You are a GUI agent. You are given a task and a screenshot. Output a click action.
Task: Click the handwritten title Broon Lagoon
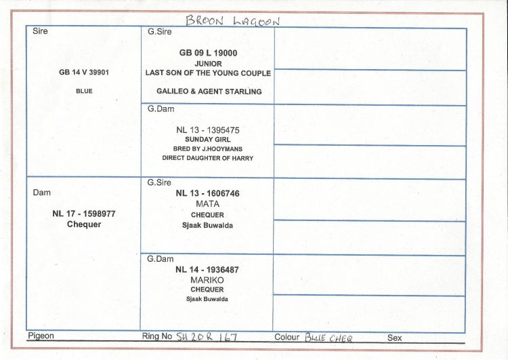coord(232,20)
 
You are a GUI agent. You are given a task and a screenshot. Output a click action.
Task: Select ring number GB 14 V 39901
coord(84,73)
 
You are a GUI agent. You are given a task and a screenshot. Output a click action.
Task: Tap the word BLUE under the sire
coord(84,91)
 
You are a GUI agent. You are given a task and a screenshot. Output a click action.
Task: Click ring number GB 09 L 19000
coord(208,53)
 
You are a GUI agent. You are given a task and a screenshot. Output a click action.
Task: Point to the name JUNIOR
coord(209,64)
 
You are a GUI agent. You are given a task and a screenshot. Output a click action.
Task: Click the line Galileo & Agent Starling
coord(209,92)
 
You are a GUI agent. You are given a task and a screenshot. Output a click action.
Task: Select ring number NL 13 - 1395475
coord(208,130)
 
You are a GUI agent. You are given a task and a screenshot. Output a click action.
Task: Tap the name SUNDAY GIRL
coord(208,140)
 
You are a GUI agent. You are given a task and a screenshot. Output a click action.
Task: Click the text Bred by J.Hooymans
coord(208,149)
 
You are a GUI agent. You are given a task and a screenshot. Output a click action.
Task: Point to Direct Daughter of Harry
coord(208,158)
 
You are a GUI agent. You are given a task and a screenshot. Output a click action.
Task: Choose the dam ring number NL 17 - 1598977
coord(84,214)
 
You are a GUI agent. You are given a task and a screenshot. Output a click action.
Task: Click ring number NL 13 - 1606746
coord(208,193)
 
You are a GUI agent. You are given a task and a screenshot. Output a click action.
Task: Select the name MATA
coord(208,204)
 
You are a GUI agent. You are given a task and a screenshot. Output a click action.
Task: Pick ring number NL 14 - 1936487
coord(207,270)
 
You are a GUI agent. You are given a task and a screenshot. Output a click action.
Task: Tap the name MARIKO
coord(207,280)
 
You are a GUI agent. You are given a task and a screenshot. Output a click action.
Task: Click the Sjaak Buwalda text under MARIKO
coord(207,299)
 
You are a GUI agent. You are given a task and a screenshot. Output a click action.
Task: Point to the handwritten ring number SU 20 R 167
coord(207,337)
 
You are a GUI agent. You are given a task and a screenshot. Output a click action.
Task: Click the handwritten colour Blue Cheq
coord(329,338)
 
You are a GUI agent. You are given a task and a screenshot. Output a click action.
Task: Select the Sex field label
coord(395,338)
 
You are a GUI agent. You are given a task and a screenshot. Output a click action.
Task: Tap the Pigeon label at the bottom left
coord(41,336)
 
